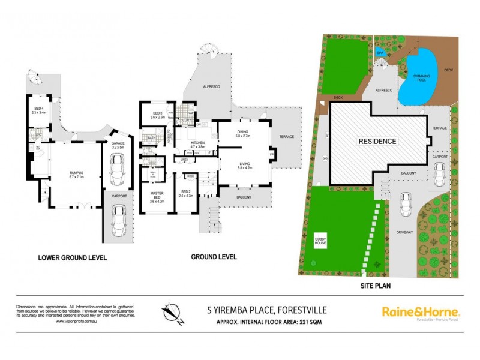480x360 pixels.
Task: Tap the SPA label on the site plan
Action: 379,53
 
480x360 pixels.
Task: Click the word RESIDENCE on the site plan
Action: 378,142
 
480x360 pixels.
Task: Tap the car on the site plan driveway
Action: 406,206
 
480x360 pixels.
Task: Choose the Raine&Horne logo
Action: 421,313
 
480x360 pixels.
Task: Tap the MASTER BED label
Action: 157,196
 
